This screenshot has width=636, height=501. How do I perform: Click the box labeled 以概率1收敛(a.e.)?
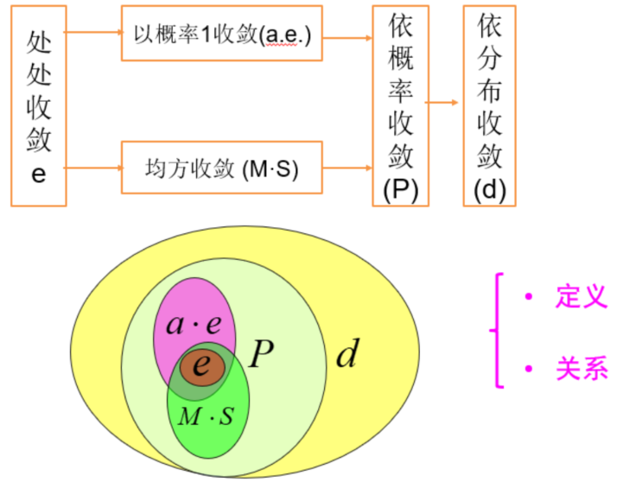coord(221,35)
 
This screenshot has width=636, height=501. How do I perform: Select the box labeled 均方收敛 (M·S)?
coord(221,168)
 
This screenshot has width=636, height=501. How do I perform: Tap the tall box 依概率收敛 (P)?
coord(400,105)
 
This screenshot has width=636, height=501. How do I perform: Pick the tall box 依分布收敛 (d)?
coord(489,105)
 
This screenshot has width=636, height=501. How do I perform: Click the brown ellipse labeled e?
coord(201,367)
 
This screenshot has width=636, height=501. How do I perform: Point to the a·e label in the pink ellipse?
coord(194,324)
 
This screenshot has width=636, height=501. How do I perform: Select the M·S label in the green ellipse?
coord(205,417)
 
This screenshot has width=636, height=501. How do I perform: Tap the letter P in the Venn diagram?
coord(261,352)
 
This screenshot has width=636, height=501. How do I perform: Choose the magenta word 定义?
coord(582,297)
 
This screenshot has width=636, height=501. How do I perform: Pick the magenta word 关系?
coord(582,370)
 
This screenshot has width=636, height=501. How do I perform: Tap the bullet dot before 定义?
coord(529,296)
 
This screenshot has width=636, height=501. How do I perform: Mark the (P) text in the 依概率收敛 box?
coord(400,190)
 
